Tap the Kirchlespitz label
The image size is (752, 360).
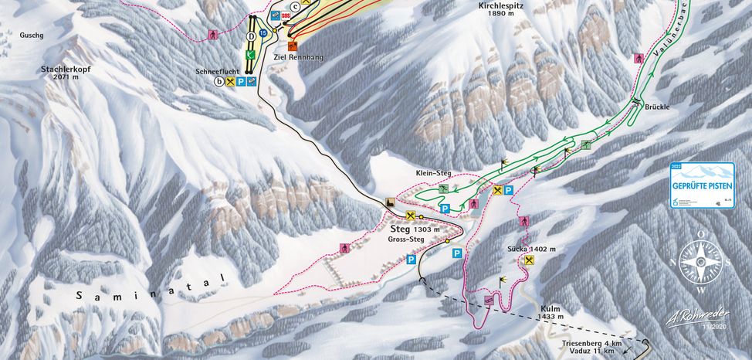pyautogui.click(x=501, y=8)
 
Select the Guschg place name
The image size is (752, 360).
pyautogui.click(x=32, y=35)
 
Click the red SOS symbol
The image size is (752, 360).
pyautogui.click(x=286, y=16)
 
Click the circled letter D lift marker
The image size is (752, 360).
pyautogui.click(x=251, y=36)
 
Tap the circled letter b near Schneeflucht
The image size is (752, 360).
pyautogui.click(x=219, y=81)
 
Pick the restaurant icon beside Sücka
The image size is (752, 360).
pyautogui.click(x=529, y=261)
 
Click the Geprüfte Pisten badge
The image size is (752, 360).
pyautogui.click(x=701, y=185)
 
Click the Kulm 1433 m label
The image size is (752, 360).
pyautogui.click(x=550, y=312)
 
